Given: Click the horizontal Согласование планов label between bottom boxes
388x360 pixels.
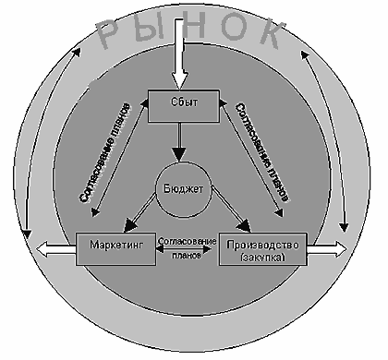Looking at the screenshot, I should [188, 247].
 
